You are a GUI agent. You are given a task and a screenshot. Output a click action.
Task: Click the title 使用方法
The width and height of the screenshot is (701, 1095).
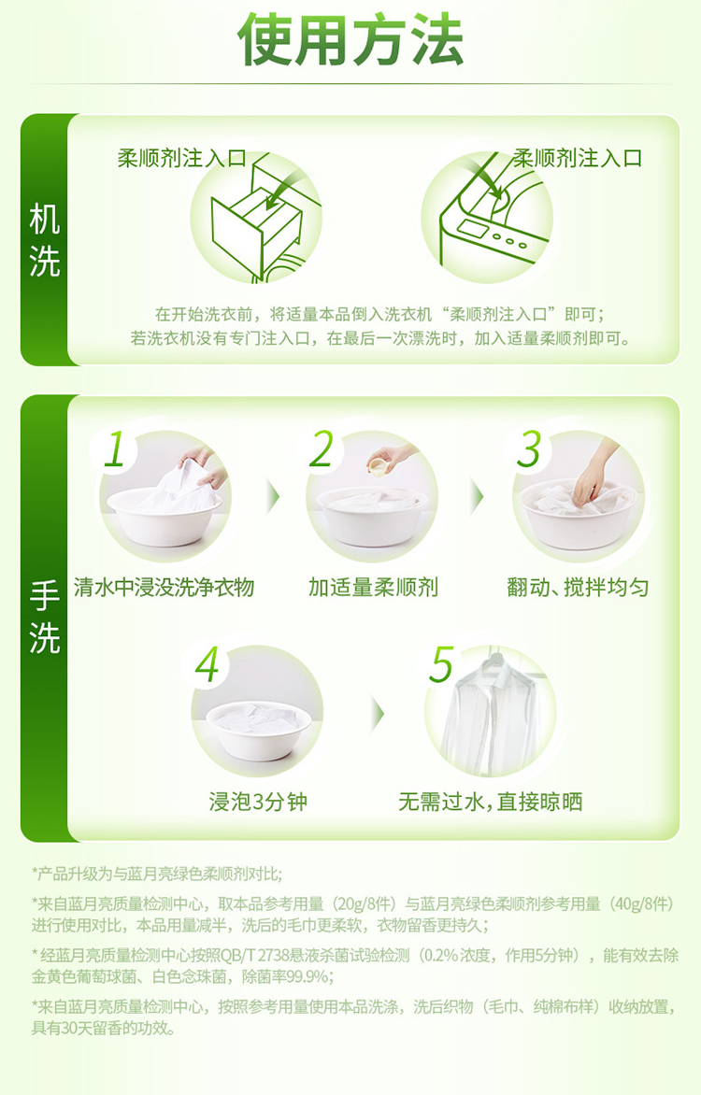pos(350,40)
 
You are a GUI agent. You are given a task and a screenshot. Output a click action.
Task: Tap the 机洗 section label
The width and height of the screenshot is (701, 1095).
pos(45,241)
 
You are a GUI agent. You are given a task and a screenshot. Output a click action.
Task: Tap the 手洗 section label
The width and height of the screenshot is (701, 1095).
pos(45,618)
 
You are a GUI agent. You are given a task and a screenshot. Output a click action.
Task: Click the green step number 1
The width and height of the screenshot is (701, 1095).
pos(114,448)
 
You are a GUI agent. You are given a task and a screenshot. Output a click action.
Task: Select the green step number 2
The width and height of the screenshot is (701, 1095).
pos(322,448)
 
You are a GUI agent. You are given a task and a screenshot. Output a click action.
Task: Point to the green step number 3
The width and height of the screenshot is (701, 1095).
pos(529,448)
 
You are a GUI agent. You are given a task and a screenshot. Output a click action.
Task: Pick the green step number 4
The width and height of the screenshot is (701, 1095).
pos(207,664)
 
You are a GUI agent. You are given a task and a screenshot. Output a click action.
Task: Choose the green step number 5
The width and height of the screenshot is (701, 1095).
pos(442,664)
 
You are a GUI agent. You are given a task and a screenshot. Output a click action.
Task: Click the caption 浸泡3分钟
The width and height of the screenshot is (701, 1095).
pos(258,801)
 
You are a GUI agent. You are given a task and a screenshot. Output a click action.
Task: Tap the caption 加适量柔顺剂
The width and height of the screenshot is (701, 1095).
pos(373,588)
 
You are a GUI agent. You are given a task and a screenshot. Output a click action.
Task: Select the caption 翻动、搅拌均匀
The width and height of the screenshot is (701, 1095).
pos(578,588)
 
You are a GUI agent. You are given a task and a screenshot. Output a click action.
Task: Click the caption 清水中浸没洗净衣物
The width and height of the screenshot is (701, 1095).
pos(164,588)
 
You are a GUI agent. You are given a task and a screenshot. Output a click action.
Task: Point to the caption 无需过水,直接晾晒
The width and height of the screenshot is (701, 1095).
pos(490,801)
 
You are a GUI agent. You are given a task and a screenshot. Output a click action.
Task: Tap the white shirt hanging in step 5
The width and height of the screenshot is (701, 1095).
pos(489,712)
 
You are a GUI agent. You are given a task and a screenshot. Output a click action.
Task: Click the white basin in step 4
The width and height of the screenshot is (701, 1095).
pos(259,729)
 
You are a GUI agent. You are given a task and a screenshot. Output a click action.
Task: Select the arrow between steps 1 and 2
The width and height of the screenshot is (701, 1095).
pos(273,497)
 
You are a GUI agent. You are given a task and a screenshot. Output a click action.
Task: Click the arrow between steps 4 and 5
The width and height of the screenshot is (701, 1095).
pos(379,714)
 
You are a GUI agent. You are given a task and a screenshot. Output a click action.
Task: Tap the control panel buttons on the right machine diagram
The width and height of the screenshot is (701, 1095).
pos(510,240)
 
